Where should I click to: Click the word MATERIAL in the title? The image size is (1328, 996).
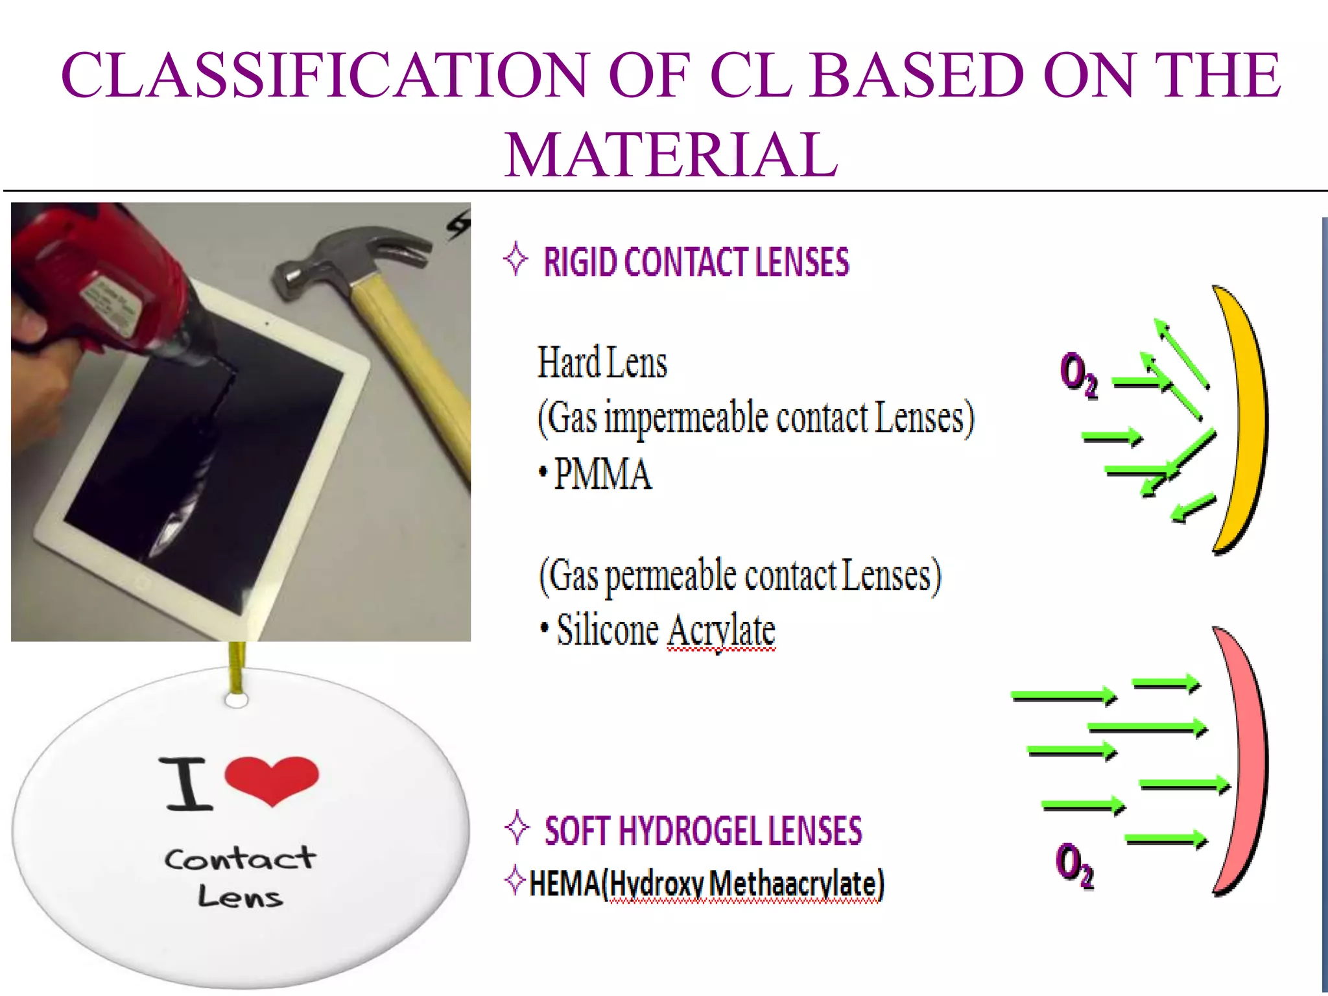671,156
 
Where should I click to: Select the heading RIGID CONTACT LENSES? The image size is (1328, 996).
696,262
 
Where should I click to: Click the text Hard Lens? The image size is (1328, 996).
602,363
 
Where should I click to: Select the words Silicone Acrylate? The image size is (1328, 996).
666,630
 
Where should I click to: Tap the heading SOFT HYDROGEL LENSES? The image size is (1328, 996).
703,831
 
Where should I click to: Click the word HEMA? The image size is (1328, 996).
564,884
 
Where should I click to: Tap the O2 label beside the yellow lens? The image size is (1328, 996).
1078,374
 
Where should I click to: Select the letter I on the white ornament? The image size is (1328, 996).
188,785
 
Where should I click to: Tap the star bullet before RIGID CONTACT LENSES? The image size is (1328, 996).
516,259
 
